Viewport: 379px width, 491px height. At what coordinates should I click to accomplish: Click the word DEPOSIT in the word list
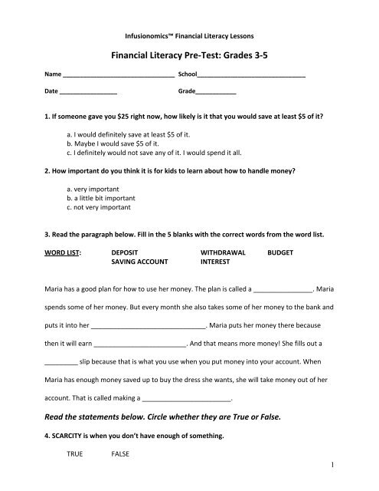click(x=126, y=252)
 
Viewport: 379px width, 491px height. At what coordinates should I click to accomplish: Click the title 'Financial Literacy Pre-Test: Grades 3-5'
click(x=189, y=54)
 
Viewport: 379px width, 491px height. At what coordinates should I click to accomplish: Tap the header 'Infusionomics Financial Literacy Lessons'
click(x=189, y=35)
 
